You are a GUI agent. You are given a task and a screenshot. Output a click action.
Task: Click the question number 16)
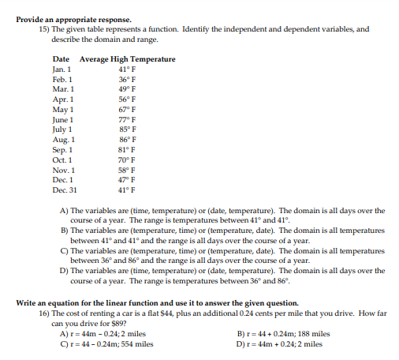[x=45, y=313]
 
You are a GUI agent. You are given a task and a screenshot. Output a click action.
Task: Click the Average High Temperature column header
[x=127, y=60]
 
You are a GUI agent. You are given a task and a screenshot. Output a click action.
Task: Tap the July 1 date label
[x=63, y=129]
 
